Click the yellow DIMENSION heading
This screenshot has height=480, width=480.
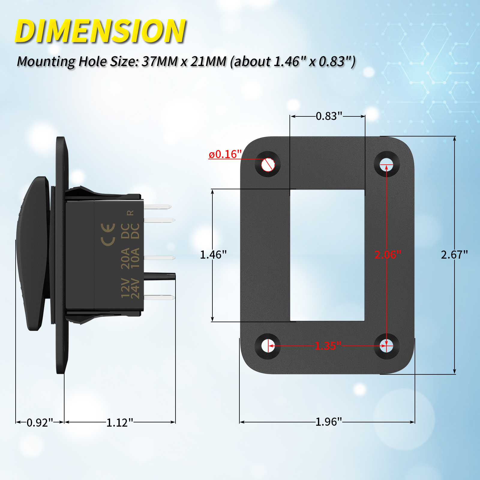point(100,31)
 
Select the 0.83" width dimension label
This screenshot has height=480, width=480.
point(329,116)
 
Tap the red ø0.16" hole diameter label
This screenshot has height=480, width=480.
point(225,154)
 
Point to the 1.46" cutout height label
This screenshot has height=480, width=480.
point(213,255)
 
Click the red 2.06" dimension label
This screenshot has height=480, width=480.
point(387,255)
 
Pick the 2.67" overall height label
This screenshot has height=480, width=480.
point(454,255)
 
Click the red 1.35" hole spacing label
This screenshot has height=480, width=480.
point(328,346)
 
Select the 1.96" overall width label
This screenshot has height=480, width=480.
point(328,422)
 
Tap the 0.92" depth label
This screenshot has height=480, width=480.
point(40,422)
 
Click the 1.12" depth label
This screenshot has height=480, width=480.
point(119,422)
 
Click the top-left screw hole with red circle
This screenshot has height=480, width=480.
point(268,164)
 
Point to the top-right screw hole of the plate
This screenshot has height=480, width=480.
point(387,164)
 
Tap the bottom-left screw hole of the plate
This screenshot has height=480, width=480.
point(268,346)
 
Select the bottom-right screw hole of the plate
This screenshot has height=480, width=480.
point(387,346)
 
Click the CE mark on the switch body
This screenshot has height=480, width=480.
point(108,235)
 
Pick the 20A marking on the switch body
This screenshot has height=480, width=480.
point(125,258)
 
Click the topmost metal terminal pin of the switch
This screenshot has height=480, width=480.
point(157,207)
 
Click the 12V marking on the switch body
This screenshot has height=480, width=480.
point(125,288)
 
